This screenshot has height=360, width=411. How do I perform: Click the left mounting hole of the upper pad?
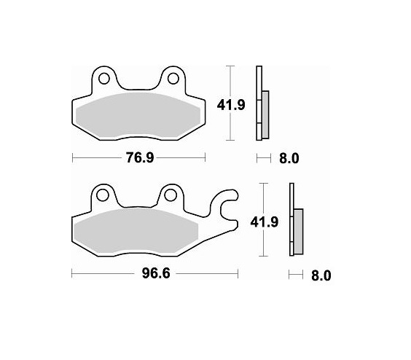[103, 78]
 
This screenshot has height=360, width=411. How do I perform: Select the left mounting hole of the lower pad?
[103, 195]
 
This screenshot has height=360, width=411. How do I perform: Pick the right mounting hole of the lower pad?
[171, 195]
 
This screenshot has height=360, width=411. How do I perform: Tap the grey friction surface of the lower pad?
[138, 232]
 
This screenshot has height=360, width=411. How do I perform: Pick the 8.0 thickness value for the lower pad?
[321, 275]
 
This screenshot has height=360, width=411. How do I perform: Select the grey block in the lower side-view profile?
[297, 232]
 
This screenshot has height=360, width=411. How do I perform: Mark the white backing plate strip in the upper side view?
[258, 102]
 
